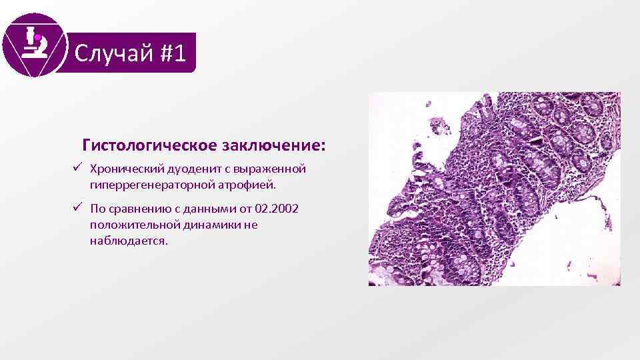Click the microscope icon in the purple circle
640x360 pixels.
pos(34,44)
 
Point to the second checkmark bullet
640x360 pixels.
pos(78,209)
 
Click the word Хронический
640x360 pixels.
pos(122,168)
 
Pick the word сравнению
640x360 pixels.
pos(138,209)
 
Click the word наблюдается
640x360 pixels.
pos(129,240)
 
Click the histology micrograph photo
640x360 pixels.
pos(495,189)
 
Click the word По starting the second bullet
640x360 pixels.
pos(97,209)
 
